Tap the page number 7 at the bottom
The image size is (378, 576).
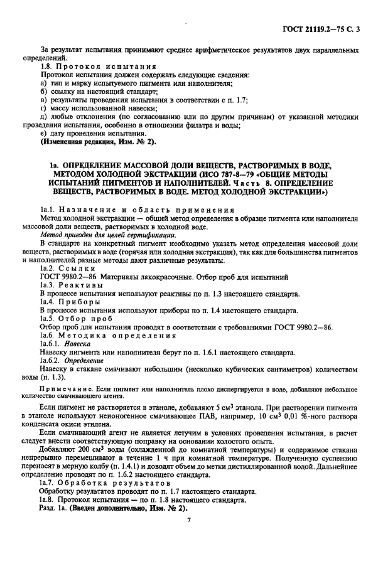coord(188,520)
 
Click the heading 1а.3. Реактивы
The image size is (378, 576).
coord(70,285)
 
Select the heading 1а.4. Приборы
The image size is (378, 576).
coord(69,301)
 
